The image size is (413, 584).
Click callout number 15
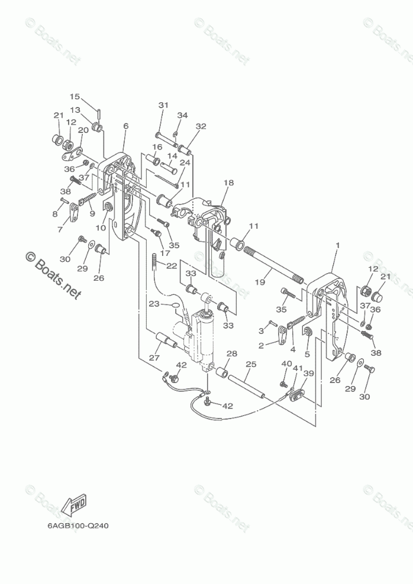pyautogui.click(x=75, y=96)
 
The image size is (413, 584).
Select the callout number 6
pyautogui.click(x=125, y=126)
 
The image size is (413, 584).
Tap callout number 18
pyautogui.click(x=228, y=183)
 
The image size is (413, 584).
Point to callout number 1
pyautogui.click(x=338, y=245)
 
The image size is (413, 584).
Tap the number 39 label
pyautogui.click(x=308, y=374)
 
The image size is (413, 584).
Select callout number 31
pyautogui.click(x=163, y=105)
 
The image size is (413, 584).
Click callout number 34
pyautogui.click(x=182, y=115)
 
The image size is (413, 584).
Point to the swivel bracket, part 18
pyautogui.click(x=210, y=225)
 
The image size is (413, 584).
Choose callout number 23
pyautogui.click(x=154, y=304)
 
